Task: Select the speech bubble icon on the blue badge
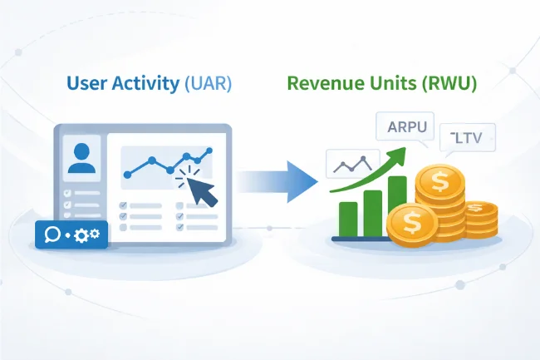coord(52,235)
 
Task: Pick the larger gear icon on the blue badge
coord(81,236)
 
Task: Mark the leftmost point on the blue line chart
coord(127,175)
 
